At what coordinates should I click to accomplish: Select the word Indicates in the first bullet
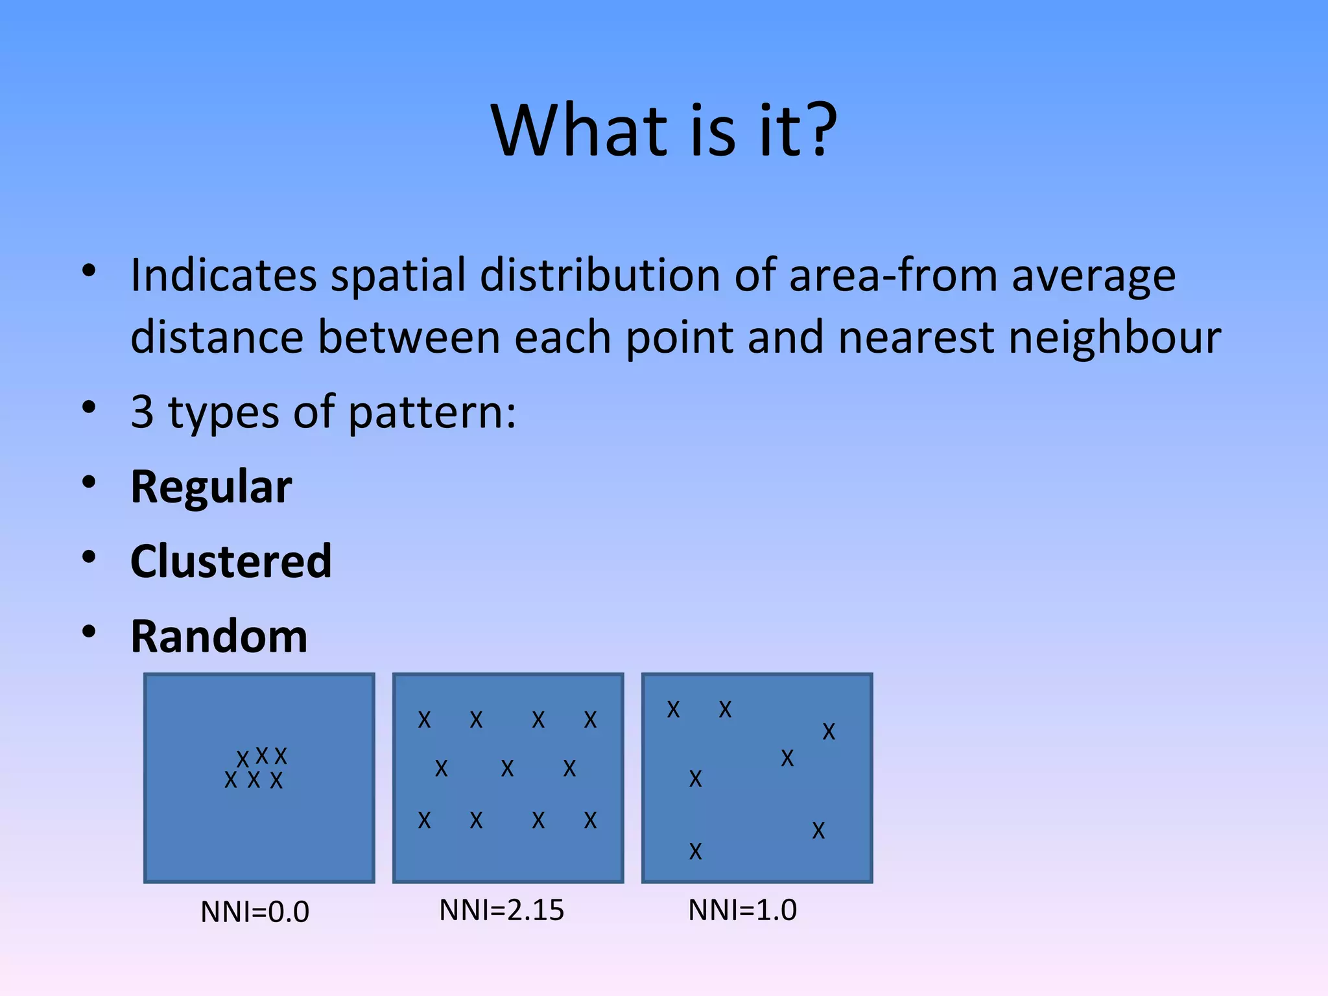223,276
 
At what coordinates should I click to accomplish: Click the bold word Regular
211,487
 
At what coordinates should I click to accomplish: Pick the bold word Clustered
231,562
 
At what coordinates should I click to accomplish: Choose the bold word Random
219,637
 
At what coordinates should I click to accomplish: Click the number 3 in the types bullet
142,412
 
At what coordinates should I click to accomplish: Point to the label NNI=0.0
255,912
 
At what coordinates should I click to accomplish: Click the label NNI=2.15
501,910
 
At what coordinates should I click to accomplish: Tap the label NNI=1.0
742,910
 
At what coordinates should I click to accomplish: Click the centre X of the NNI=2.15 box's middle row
507,769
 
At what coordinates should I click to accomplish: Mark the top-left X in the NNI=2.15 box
424,720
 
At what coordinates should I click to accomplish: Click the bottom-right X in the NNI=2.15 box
590,821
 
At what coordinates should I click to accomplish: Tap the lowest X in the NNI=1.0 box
695,851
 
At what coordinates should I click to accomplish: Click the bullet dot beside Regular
89,482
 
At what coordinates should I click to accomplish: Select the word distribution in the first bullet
600,276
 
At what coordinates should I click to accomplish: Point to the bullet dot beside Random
89,632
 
